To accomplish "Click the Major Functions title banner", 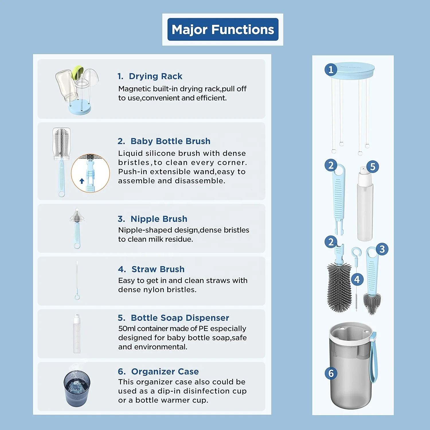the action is coord(223,30).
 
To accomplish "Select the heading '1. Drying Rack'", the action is coord(150,76).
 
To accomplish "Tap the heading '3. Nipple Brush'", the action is coord(152,219).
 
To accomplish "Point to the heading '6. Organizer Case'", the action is coord(158,372).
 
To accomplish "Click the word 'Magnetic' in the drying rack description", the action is coord(134,89).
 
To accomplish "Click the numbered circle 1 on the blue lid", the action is coord(331,70).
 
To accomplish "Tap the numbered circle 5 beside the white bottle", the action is coord(373,167).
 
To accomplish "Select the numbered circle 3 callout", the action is coord(382,249).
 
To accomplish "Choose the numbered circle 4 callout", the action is coord(357,279).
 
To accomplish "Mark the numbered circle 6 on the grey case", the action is coord(331,373).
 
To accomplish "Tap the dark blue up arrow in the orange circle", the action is coord(82,181).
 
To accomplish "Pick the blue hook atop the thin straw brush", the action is coord(356,253).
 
